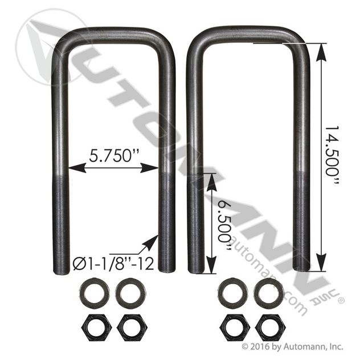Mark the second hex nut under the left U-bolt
pyautogui.click(x=129, y=327)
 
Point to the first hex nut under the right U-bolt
pyautogui.click(x=232, y=327)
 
